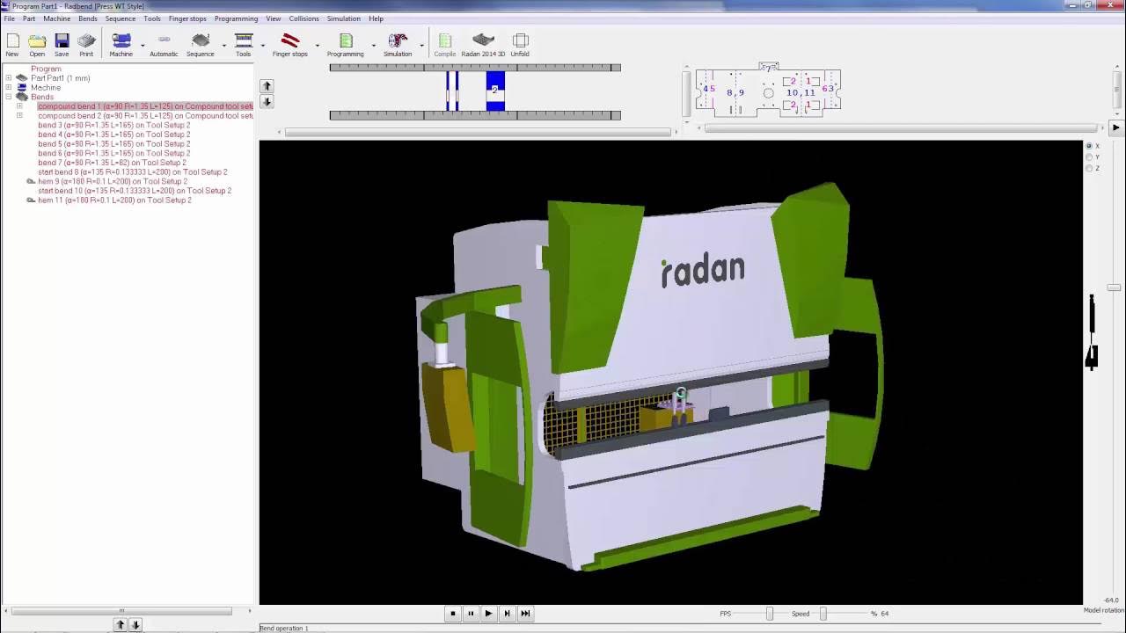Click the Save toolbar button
[62, 44]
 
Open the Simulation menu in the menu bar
[343, 18]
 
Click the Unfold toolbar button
[520, 44]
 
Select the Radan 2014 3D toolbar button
[483, 44]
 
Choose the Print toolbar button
[86, 44]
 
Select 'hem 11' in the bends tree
[114, 200]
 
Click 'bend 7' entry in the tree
[112, 163]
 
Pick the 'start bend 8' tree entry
[132, 172]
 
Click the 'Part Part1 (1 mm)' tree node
[60, 78]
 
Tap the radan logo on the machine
[703, 270]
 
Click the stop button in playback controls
[453, 614]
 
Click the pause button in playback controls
[471, 614]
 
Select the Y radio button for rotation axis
[1089, 157]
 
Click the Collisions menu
[303, 18]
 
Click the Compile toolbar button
[445, 44]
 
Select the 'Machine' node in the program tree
[46, 88]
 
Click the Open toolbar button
[37, 44]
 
